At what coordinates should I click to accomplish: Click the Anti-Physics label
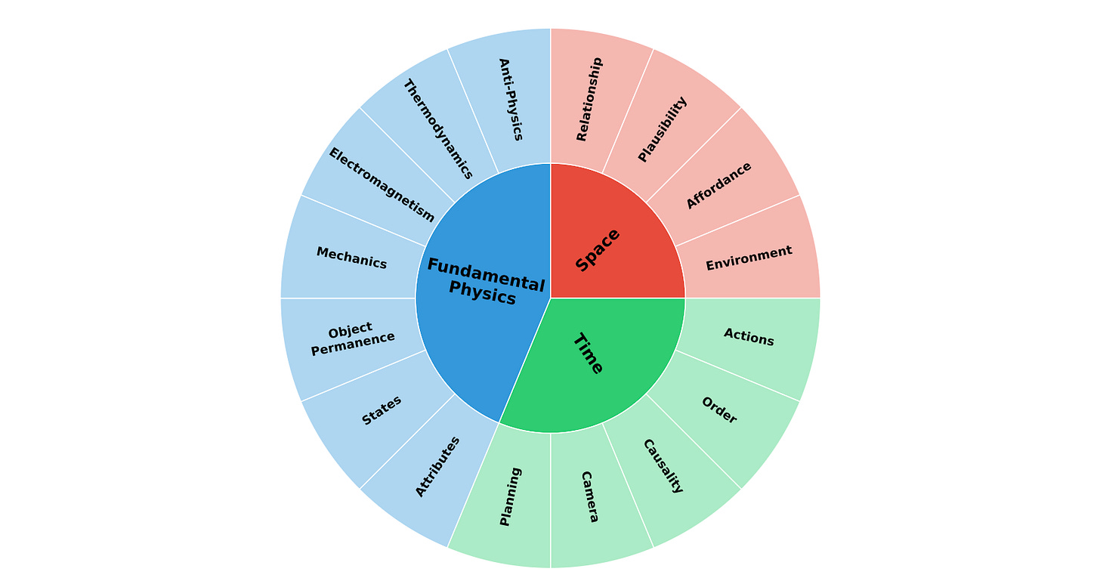tap(511, 99)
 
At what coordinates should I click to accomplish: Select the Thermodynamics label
tap(437, 129)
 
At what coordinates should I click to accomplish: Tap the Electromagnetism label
tap(382, 185)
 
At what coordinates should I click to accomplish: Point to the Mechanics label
tap(351, 258)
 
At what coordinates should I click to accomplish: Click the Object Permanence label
tap(352, 338)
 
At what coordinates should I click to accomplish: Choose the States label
tap(382, 410)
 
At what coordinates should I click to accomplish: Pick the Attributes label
tap(438, 466)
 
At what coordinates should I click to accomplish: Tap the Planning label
tap(511, 496)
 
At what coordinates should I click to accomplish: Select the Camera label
tap(589, 496)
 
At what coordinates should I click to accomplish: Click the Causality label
tap(663, 466)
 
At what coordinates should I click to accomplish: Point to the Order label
tap(718, 410)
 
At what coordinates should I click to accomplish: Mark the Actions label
tap(749, 337)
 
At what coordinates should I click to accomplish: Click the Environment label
tap(749, 258)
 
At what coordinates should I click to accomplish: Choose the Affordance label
tap(718, 185)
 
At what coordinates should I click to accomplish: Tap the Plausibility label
tap(663, 129)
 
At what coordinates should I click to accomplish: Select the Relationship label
tap(589, 99)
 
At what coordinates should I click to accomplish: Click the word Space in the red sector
tap(598, 250)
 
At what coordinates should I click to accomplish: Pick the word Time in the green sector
tap(588, 354)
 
